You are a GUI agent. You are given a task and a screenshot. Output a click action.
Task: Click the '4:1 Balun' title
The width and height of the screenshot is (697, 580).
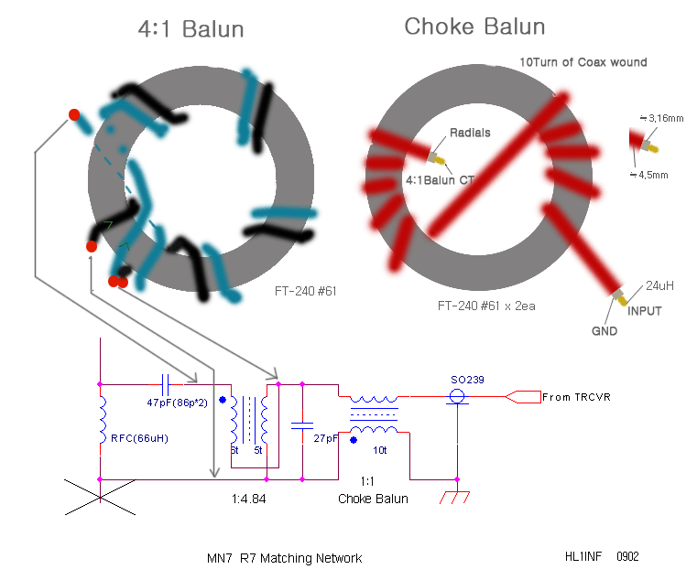[191, 29]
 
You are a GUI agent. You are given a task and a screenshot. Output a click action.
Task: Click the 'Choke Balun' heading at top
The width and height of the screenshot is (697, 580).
[474, 27]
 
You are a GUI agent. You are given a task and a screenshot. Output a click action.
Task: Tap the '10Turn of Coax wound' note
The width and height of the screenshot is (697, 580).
[583, 62]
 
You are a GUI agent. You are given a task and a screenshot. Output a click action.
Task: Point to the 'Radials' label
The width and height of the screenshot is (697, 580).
[470, 133]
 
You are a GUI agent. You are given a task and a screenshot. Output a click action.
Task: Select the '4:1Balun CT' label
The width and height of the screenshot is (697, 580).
[440, 180]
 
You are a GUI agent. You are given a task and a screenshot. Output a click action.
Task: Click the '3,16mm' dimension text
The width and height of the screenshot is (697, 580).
[662, 118]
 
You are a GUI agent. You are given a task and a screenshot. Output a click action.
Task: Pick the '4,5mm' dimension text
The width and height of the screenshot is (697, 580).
[649, 175]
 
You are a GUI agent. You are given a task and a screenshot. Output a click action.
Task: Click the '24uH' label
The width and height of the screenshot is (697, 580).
[659, 285]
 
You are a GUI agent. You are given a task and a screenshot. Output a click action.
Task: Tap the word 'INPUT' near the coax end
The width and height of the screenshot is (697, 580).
[645, 311]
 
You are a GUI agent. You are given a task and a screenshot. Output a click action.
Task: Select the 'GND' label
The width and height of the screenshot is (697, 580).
[604, 331]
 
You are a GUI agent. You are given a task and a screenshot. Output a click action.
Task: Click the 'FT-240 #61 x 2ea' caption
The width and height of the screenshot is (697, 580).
[486, 306]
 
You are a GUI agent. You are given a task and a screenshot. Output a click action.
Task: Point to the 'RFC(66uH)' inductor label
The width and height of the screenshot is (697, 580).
[139, 438]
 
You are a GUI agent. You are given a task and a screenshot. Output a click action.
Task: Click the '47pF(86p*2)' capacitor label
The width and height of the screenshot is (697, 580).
[177, 403]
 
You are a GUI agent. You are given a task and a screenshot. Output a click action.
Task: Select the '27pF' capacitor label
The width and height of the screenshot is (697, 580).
[326, 438]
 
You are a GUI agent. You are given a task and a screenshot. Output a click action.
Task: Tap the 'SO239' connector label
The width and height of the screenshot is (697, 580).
[467, 380]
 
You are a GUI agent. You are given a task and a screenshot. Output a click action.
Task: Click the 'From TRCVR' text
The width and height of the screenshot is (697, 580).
[576, 397]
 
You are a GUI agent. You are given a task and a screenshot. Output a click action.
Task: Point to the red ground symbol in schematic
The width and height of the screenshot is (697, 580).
[454, 498]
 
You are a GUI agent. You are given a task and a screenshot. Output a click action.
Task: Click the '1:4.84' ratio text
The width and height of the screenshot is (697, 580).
[248, 499]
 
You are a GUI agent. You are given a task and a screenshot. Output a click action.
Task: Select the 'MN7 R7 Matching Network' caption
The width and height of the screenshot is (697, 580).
[285, 558]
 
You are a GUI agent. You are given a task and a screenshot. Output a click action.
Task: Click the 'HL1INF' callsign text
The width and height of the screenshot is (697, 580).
[583, 556]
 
